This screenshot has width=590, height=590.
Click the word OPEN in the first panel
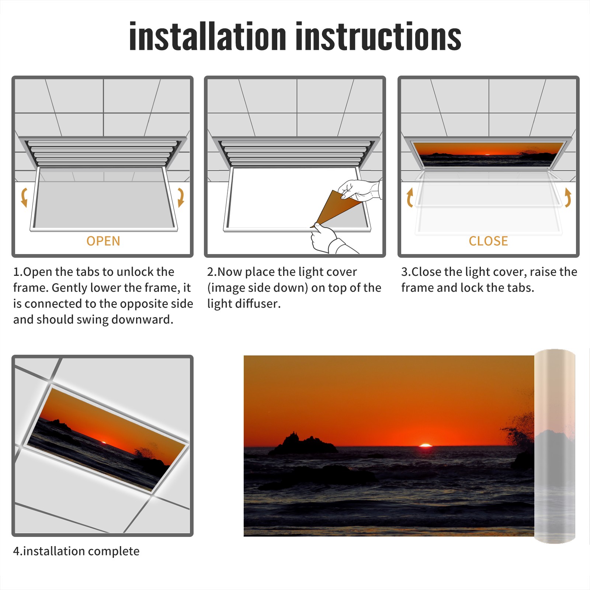click(103, 241)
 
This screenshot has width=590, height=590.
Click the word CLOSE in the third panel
click(488, 241)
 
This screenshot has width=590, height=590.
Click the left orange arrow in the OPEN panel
click(24, 197)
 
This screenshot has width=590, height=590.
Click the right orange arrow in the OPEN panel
click(181, 197)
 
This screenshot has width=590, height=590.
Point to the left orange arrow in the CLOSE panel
click(410, 197)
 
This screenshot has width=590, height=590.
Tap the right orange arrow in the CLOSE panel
click(568, 197)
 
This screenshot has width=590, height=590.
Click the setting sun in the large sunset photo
click(426, 445)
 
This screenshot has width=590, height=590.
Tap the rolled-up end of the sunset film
click(555, 446)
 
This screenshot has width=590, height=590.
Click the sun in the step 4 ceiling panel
click(104, 442)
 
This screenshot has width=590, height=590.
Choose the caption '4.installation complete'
click(76, 551)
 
